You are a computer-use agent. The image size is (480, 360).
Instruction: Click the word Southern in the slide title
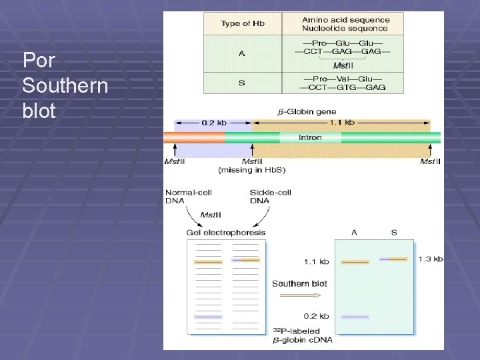[65, 86]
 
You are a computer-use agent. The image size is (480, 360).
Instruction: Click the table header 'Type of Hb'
[243, 24]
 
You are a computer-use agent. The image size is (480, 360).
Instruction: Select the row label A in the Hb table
[241, 53]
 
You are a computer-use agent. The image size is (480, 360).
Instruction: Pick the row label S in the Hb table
[241, 83]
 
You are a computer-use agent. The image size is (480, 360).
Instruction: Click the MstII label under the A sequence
[342, 65]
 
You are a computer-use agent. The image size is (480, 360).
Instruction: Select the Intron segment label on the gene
[310, 138]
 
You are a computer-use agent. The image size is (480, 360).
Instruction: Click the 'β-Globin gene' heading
[307, 111]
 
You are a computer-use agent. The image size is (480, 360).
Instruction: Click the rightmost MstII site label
[430, 161]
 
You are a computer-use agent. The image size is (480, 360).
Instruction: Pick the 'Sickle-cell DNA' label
[270, 197]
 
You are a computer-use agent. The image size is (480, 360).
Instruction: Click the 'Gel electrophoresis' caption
[226, 233]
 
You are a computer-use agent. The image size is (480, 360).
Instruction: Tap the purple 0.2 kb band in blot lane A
[355, 316]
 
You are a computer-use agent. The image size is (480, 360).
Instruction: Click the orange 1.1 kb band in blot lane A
[355, 263]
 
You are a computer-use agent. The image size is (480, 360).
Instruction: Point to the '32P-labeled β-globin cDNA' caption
[302, 335]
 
